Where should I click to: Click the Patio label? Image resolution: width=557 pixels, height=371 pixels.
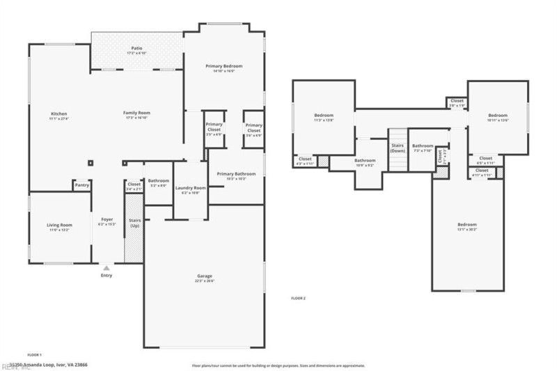(x=137, y=48)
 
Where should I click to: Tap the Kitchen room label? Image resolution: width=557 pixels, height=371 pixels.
(x=58, y=113)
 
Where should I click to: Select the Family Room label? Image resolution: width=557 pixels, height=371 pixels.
(x=137, y=113)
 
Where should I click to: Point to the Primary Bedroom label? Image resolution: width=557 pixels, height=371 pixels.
(x=224, y=66)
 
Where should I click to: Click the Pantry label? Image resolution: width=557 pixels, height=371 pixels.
(x=82, y=185)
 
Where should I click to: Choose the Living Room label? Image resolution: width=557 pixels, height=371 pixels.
(x=60, y=225)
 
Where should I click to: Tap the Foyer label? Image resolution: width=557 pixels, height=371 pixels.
(x=107, y=219)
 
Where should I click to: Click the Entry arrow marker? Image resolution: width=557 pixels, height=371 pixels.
(x=106, y=267)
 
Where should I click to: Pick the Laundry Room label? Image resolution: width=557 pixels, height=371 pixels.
(x=190, y=187)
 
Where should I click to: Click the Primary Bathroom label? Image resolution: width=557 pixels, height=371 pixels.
(x=236, y=173)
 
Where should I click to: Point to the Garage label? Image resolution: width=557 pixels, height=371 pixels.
(x=204, y=276)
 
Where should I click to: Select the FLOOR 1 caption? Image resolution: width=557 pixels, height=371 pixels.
(x=35, y=354)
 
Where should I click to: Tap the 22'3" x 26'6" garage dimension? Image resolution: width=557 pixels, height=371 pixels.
(x=204, y=281)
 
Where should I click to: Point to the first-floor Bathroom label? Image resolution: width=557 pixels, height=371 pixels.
(x=158, y=180)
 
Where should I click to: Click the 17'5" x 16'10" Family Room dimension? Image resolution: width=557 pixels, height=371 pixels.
(x=137, y=118)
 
